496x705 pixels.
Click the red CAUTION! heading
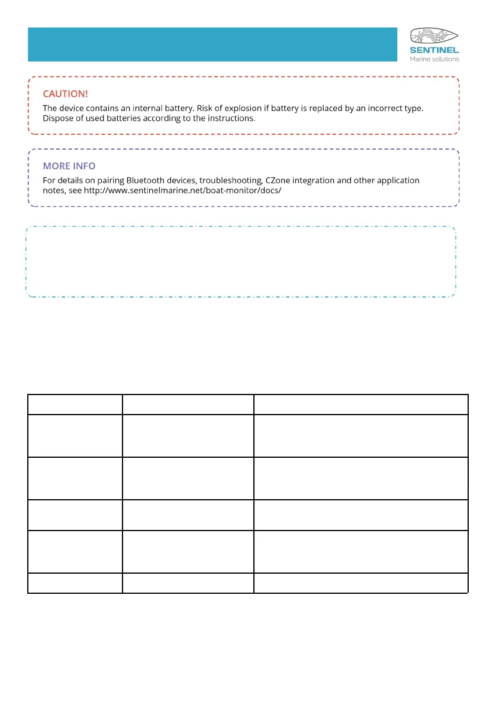coord(65,94)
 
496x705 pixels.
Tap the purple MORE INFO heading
coord(69,166)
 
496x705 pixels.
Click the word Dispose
coord(58,118)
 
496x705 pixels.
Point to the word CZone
coord(275,180)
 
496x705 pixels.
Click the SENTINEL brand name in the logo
coord(434,51)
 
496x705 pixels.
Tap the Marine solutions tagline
coord(434,59)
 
